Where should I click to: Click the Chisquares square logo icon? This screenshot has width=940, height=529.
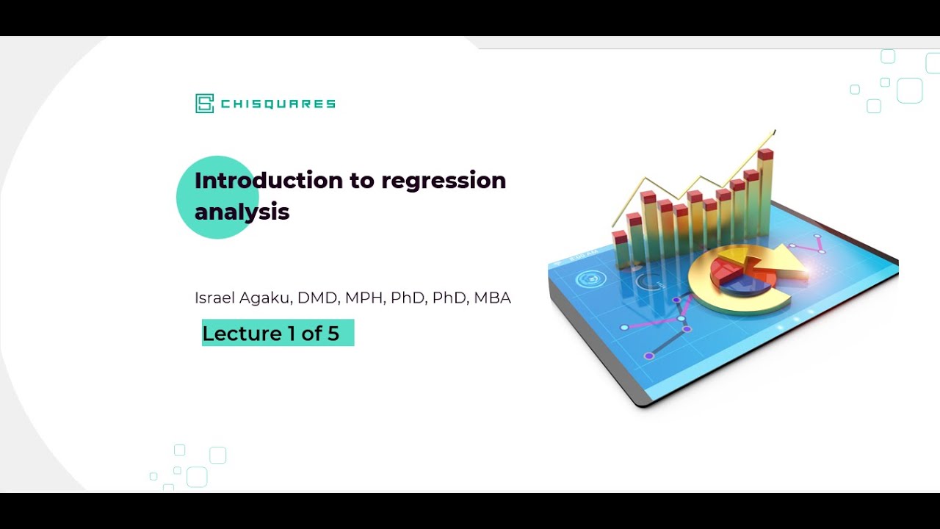point(204,104)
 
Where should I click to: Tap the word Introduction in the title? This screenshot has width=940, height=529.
point(268,181)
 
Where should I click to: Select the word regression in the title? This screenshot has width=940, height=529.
point(444,181)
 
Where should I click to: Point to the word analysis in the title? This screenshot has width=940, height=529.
point(242,212)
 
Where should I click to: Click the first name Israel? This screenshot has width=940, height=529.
point(213,298)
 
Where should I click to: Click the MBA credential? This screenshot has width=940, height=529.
point(492,298)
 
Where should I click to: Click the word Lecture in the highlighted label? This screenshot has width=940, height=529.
point(242,334)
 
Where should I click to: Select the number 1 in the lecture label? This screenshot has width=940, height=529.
point(292,334)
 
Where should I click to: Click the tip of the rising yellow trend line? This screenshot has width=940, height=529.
point(774,132)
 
